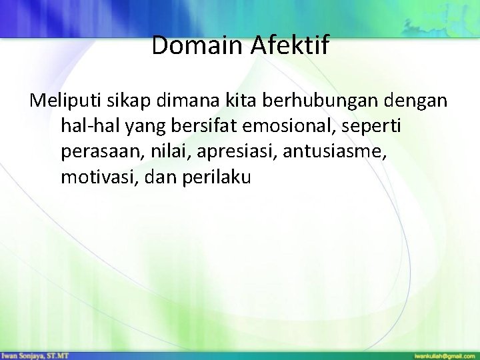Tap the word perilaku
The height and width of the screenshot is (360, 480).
point(218,177)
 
